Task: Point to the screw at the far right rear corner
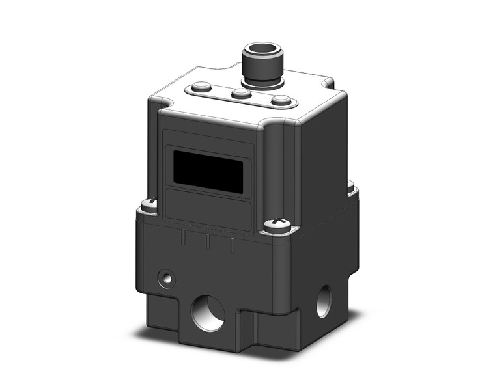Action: coord(350,187)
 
